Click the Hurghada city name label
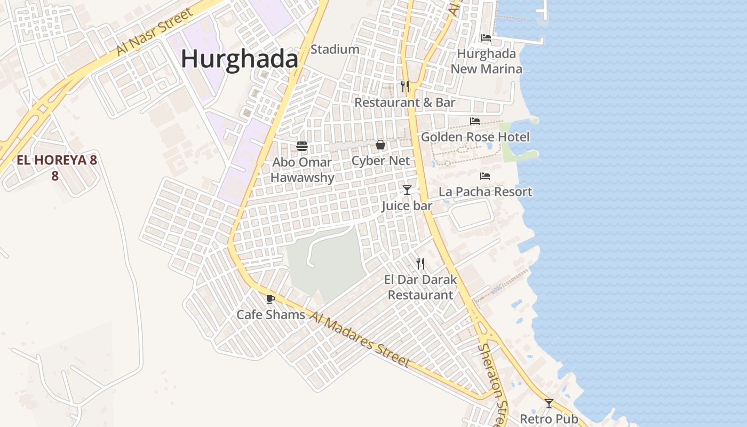pyautogui.click(x=239, y=59)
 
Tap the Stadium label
pyautogui.click(x=335, y=50)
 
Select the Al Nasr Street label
pyautogui.click(x=155, y=33)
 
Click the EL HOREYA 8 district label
pyautogui.click(x=57, y=160)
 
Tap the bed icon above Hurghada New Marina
pyautogui.click(x=486, y=38)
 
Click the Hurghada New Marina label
pyautogui.click(x=486, y=61)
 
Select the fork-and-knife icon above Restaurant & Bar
pyautogui.click(x=405, y=86)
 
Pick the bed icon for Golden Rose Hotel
pyautogui.click(x=475, y=121)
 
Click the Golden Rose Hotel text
pyautogui.click(x=475, y=137)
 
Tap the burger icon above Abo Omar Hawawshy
pyautogui.click(x=302, y=146)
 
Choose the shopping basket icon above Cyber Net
pyautogui.click(x=380, y=145)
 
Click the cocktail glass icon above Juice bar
pyautogui.click(x=407, y=189)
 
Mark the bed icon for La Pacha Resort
pyautogui.click(x=485, y=176)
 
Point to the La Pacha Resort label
pyautogui.click(x=485, y=192)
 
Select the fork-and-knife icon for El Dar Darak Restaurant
pyautogui.click(x=420, y=263)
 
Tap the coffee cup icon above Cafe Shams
pyautogui.click(x=271, y=299)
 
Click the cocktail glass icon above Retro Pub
pyautogui.click(x=549, y=403)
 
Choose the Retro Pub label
pyautogui.click(x=549, y=419)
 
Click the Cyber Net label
pyautogui.click(x=380, y=161)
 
